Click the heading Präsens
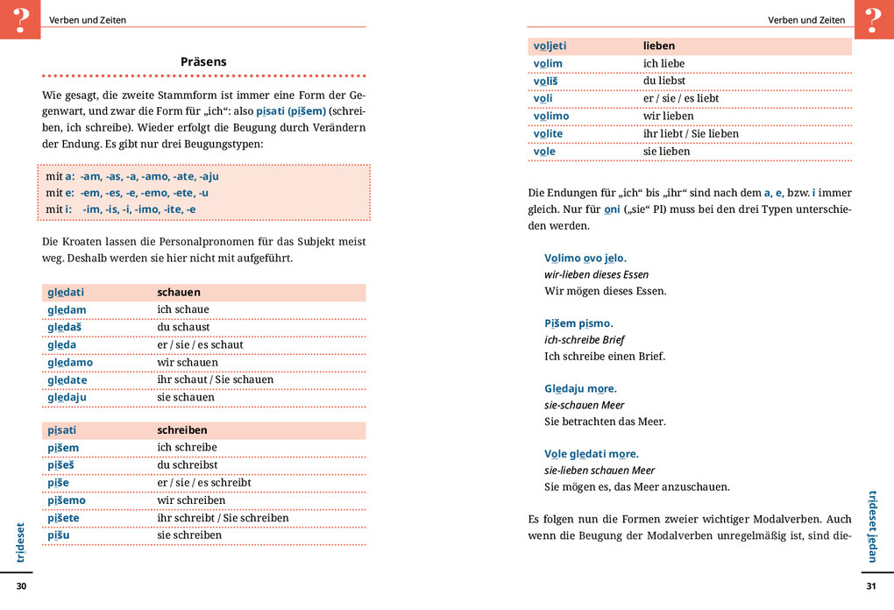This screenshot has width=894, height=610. pyautogui.click(x=203, y=61)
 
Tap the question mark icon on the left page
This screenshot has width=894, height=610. pyautogui.click(x=20, y=19)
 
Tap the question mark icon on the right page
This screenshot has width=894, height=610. pyautogui.click(x=873, y=19)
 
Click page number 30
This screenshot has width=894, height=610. pyautogui.click(x=22, y=585)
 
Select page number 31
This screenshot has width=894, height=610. pyautogui.click(x=870, y=585)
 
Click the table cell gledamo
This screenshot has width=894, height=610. pyautogui.click(x=70, y=362)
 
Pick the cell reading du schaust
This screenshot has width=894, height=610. pyautogui.click(x=183, y=327)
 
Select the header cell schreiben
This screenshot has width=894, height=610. pyautogui.click(x=182, y=430)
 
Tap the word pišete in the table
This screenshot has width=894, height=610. pyautogui.click(x=63, y=518)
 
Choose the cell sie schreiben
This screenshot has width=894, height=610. pyautogui.click(x=189, y=535)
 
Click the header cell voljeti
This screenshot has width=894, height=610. pyautogui.click(x=550, y=46)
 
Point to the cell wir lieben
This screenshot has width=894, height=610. pyautogui.click(x=668, y=116)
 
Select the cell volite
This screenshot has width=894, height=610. pyautogui.click(x=548, y=133)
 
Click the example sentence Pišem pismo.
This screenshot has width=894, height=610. pyautogui.click(x=578, y=323)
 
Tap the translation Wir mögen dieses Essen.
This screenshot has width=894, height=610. pyautogui.click(x=606, y=291)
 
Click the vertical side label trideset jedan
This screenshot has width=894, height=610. pyautogui.click(x=872, y=526)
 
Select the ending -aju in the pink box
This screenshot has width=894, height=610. pyautogui.click(x=209, y=176)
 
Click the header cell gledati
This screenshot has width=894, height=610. pyautogui.click(x=66, y=292)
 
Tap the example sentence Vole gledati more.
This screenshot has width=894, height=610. pyautogui.click(x=592, y=454)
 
